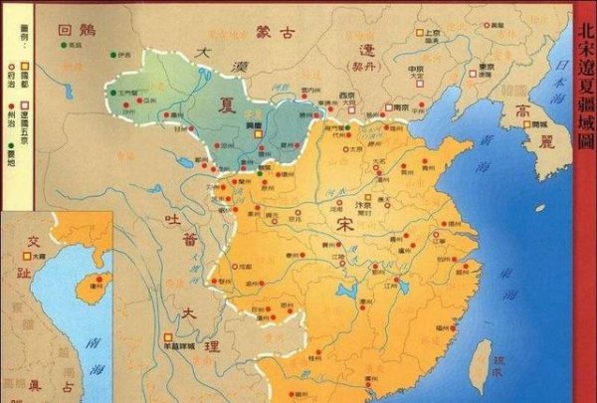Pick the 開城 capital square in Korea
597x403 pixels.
click(532, 124)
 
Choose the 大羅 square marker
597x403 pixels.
click(34, 257)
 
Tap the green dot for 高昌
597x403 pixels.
click(63, 45)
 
